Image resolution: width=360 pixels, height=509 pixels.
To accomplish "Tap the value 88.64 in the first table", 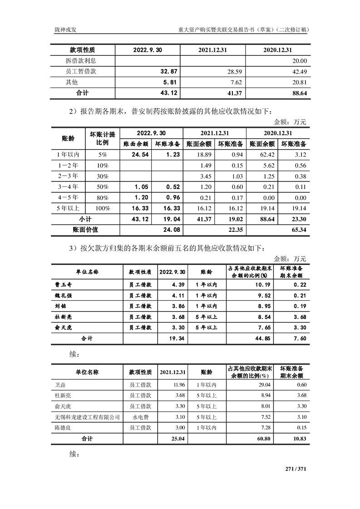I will click(x=298, y=93).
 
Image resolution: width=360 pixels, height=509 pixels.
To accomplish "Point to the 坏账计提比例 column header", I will click(x=103, y=139).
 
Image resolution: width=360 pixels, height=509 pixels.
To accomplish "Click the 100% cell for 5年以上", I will click(x=103, y=209).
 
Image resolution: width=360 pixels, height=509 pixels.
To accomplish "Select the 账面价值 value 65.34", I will click(x=298, y=230).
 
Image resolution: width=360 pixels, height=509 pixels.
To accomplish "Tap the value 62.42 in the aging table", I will click(x=265, y=155).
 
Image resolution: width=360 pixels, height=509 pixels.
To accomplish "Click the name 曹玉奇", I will click(x=63, y=285).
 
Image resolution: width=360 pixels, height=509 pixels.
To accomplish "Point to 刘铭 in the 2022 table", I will click(x=60, y=306).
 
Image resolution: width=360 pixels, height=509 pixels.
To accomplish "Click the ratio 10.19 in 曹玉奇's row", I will click(x=259, y=285).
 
